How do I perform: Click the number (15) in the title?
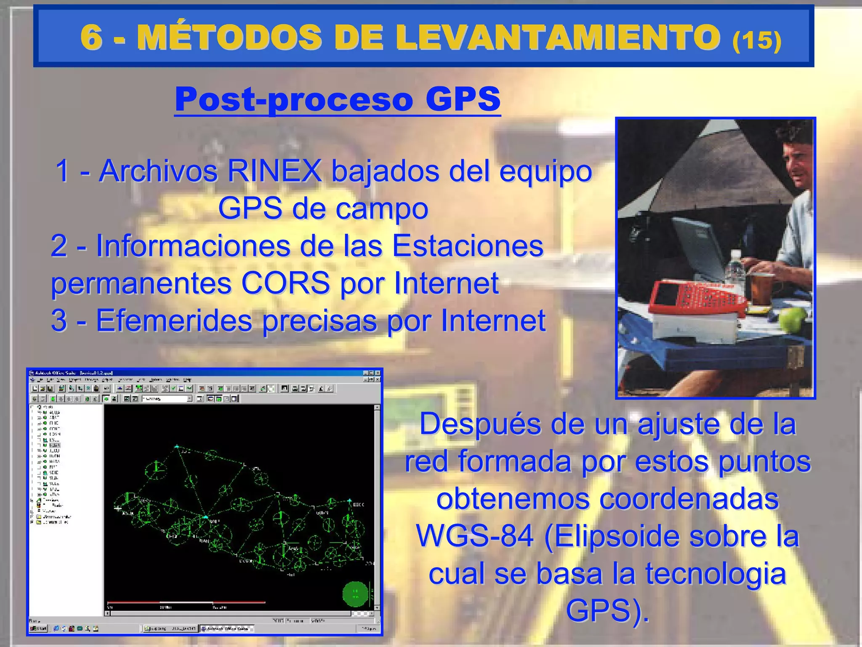pos(756,40)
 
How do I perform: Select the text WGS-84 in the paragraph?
pos(475,536)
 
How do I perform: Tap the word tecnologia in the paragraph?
pos(716,574)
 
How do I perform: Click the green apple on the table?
pos(792,318)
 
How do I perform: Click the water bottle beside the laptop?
pos(734,267)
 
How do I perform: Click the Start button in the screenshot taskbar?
pos(38,628)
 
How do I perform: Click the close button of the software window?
pos(377,373)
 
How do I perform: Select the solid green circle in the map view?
pos(355,594)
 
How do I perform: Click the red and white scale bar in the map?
pos(186,602)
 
